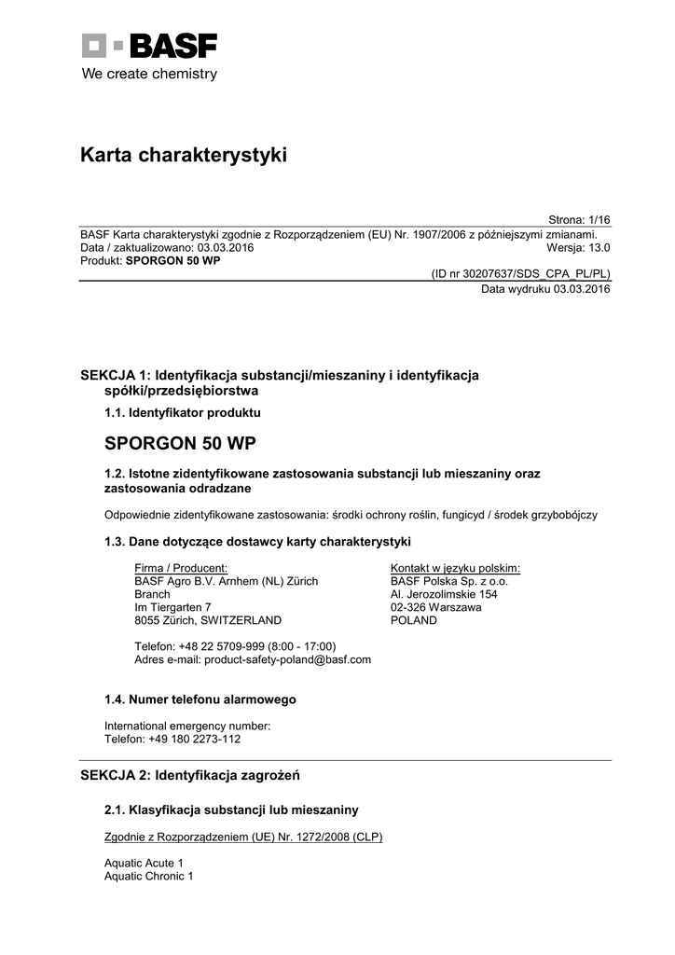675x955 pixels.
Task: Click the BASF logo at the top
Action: point(149,46)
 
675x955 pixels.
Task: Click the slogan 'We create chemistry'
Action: point(149,74)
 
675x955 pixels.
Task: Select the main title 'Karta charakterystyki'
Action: point(184,156)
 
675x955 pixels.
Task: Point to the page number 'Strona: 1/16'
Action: point(579,220)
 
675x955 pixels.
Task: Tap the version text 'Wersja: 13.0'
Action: point(578,248)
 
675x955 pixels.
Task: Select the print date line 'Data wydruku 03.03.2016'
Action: point(545,289)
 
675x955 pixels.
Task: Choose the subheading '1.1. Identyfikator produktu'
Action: point(183,412)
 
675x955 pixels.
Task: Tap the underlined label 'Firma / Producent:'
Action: point(181,568)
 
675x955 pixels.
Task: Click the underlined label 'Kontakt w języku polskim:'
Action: point(455,568)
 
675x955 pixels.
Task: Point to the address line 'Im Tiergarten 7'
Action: point(173,607)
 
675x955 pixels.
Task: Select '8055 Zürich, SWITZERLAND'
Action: point(208,620)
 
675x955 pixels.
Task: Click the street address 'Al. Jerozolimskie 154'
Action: point(444,594)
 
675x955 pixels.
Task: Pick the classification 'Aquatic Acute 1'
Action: point(144,864)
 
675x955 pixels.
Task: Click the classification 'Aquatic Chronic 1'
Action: point(149,877)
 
